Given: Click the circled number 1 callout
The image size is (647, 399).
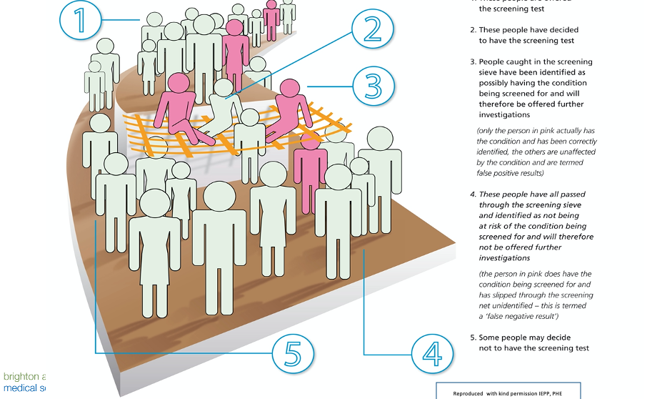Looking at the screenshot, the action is [81, 21].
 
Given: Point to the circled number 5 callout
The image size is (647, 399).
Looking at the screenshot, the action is [293, 353].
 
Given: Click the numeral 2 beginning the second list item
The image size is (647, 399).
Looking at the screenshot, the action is [473, 30].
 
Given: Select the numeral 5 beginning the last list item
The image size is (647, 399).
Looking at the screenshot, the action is [473, 338].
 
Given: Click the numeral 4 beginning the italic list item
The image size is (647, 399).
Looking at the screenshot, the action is [473, 194].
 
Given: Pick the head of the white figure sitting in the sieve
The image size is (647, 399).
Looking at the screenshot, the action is [224, 87].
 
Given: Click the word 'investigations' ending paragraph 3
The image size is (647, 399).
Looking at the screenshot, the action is [504, 114].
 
